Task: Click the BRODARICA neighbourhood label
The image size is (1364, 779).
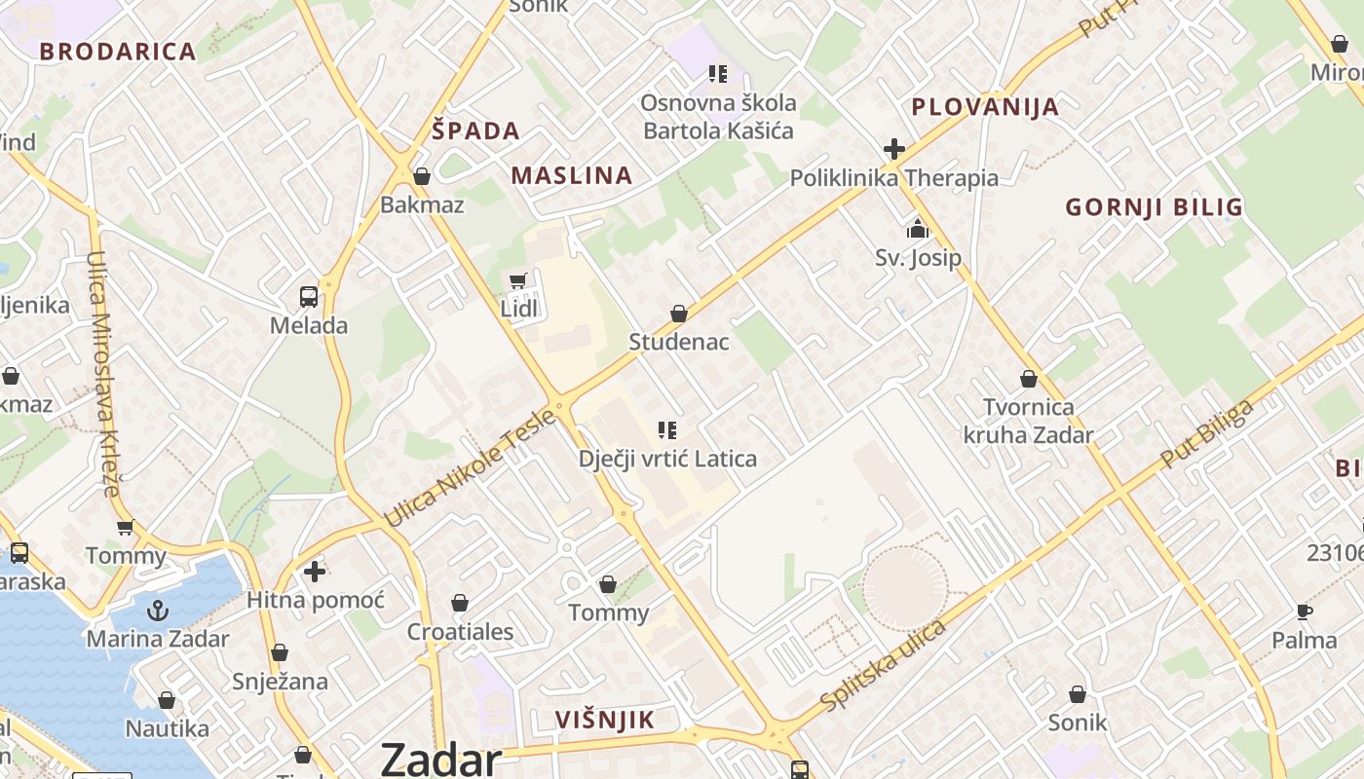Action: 118,52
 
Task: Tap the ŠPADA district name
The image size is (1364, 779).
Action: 476,130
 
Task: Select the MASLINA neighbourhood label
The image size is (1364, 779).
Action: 572,175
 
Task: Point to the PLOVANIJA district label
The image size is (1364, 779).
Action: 985,107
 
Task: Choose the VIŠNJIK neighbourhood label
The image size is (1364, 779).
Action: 605,720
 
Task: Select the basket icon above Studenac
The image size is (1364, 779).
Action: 679,314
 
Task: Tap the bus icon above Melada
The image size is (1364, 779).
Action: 309,297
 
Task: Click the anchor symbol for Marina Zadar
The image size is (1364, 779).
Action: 157,611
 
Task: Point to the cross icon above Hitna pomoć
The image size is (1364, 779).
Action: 315,572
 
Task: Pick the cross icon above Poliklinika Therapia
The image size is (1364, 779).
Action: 894,150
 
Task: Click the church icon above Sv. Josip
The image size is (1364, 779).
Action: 918,230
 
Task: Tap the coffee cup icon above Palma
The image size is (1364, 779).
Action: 1305,612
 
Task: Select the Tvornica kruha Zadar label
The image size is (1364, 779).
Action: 1029,421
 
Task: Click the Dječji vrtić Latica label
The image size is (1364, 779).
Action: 667,458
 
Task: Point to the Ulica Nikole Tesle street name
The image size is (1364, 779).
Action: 471,468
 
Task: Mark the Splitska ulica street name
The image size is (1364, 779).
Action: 884,665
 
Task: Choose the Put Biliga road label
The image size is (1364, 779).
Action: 1207,433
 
